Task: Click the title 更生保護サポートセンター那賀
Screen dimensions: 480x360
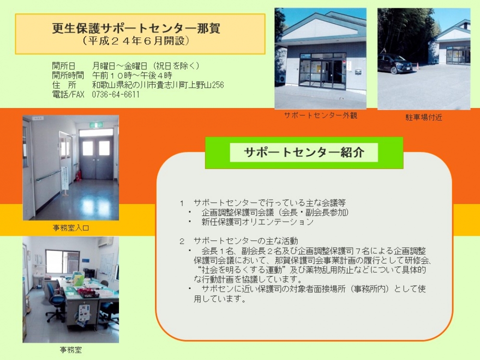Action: click(136, 28)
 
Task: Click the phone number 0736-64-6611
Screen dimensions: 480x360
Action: click(116, 95)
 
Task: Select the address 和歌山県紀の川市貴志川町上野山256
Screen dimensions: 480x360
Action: click(158, 85)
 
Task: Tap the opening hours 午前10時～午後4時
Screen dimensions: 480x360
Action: click(132, 75)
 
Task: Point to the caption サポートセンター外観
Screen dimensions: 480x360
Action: click(321, 115)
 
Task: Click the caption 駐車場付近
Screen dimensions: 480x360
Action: click(424, 117)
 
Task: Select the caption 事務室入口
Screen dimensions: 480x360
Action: click(71, 228)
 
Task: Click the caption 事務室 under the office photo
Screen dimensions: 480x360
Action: click(71, 349)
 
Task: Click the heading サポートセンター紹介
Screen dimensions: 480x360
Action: click(304, 152)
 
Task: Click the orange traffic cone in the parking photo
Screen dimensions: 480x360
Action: click(417, 66)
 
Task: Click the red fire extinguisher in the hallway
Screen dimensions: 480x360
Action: click(79, 175)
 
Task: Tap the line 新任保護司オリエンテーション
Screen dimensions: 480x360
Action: click(257, 222)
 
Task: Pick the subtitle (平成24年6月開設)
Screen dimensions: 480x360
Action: click(136, 41)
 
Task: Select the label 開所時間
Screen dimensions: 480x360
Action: click(68, 75)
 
